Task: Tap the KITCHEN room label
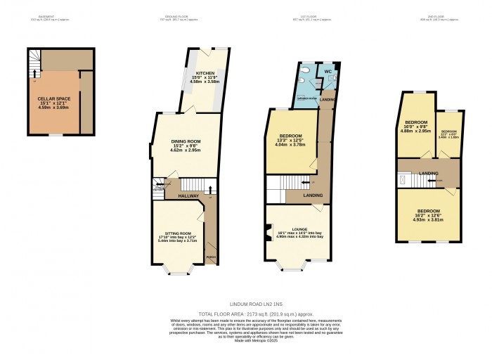[x=205, y=73]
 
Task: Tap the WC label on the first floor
[x=328, y=72]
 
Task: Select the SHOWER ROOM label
[x=307, y=98]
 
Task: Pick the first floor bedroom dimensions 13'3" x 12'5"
[x=290, y=144]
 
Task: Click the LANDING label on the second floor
[x=429, y=174]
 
